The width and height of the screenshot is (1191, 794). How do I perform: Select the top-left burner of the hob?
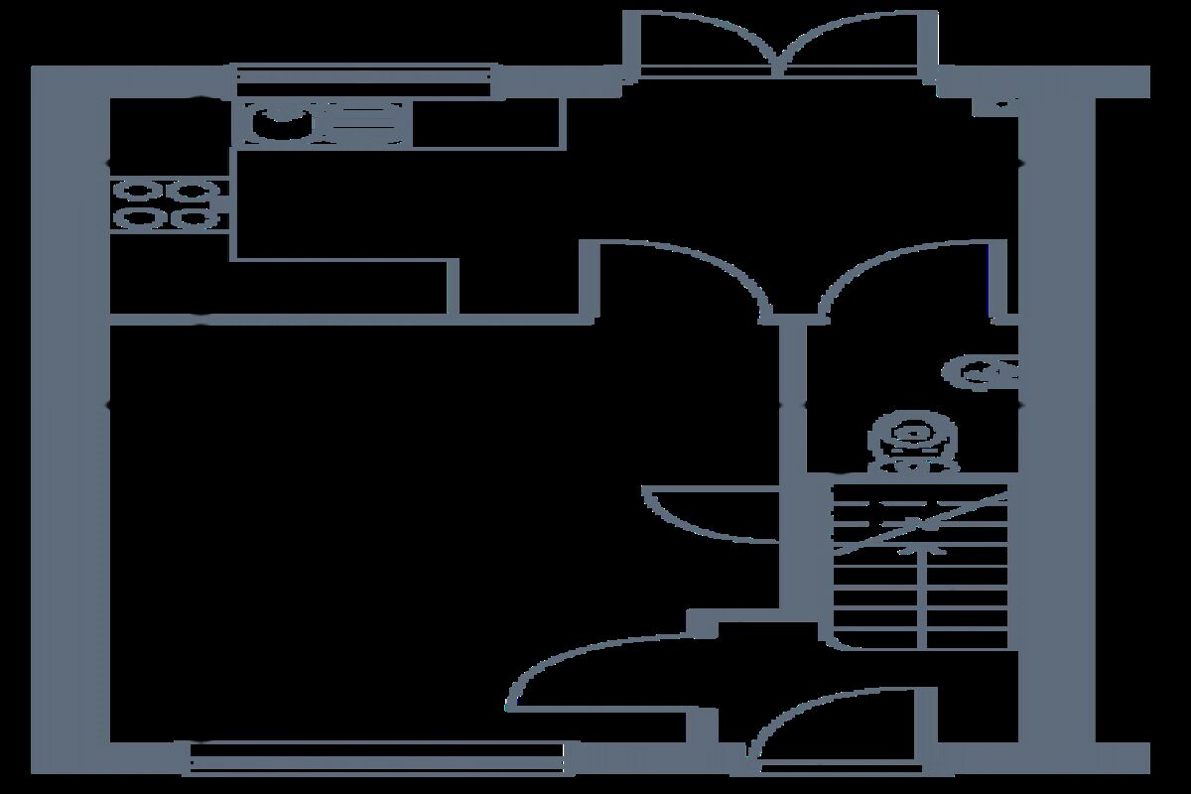[136, 190]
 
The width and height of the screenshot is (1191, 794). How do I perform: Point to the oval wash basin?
[983, 372]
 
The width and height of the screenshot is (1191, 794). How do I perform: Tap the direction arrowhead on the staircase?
[911, 544]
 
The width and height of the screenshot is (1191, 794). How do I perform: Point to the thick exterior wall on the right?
[1057, 417]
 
